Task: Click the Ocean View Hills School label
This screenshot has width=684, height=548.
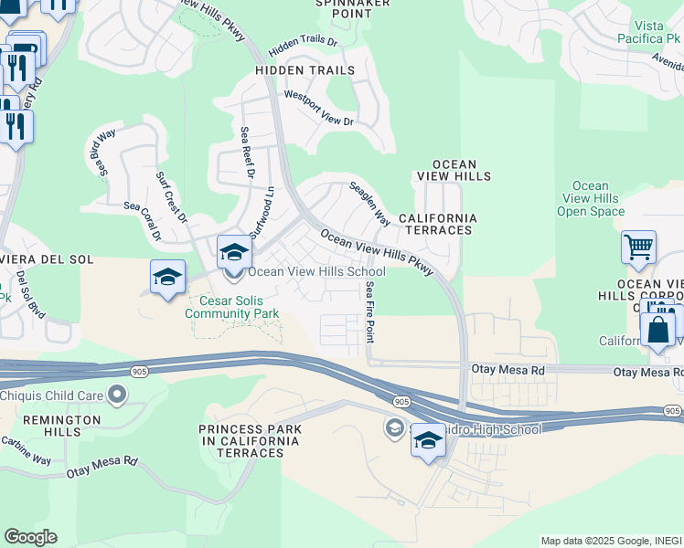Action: click(316, 271)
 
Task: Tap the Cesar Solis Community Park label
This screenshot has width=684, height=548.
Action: click(231, 307)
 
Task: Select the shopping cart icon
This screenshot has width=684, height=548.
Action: click(638, 247)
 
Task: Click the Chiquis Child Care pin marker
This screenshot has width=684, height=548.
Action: click(116, 395)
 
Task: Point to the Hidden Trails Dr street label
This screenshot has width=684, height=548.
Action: click(304, 44)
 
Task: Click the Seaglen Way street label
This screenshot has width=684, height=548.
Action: click(369, 203)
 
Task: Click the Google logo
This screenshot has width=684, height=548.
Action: click(30, 537)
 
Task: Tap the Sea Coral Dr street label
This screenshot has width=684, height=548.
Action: click(143, 219)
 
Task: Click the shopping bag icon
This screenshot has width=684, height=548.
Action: click(657, 330)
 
